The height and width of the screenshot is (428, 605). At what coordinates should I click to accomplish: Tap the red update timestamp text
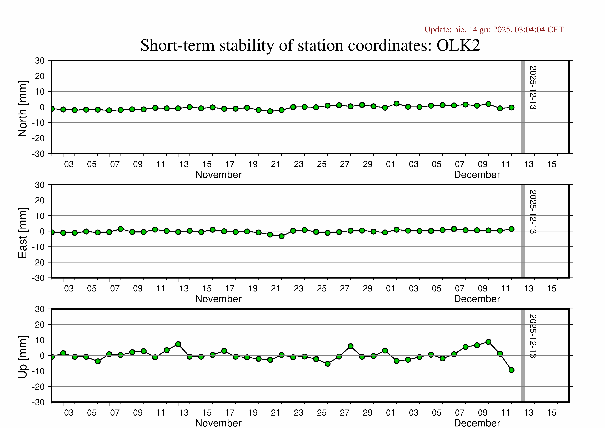(494, 30)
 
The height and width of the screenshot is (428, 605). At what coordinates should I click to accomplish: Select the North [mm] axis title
(23, 109)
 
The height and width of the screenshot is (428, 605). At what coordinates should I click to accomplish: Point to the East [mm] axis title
(23, 233)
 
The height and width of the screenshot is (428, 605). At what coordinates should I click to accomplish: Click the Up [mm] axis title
(23, 357)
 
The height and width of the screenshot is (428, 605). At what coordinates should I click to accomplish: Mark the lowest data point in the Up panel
(511, 370)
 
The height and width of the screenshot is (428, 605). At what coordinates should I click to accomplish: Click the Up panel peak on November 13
(178, 344)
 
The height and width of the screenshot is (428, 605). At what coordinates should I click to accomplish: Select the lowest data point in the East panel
(281, 236)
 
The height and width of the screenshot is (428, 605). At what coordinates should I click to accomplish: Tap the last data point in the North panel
(511, 107)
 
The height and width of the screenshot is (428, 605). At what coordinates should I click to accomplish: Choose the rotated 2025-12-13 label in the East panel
(533, 212)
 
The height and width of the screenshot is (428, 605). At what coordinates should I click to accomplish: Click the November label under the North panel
(218, 175)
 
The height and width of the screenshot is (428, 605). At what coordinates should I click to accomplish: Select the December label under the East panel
(477, 299)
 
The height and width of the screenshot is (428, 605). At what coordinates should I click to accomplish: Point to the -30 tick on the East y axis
(38, 278)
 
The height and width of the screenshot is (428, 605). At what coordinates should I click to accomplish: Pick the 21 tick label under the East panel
(275, 289)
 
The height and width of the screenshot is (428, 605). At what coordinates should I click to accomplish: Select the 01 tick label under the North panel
(390, 164)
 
